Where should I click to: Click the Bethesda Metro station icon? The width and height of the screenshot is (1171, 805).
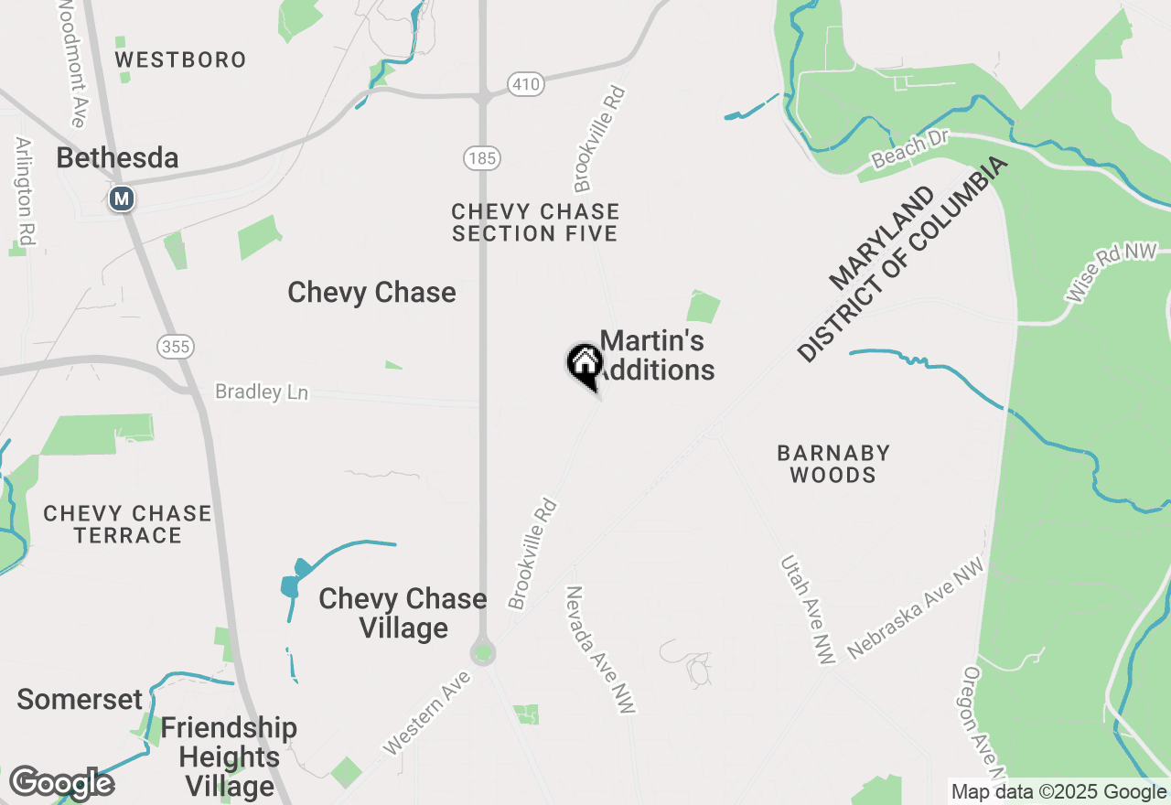click(x=121, y=199)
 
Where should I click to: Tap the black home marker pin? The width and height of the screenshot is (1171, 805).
click(x=585, y=364)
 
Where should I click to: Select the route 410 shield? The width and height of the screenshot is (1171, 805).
click(x=527, y=85)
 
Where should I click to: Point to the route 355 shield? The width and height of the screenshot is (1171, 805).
click(x=175, y=346)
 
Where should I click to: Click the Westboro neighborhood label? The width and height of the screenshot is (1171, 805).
click(x=180, y=60)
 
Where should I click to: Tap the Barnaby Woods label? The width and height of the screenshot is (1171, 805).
click(x=833, y=464)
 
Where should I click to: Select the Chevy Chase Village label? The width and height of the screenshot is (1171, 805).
click(x=403, y=613)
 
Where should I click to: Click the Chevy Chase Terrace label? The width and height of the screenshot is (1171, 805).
click(x=127, y=524)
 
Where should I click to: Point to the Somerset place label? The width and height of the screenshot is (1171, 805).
click(x=80, y=700)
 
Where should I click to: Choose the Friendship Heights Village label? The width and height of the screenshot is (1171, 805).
click(x=229, y=757)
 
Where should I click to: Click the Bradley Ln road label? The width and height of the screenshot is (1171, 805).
click(x=262, y=392)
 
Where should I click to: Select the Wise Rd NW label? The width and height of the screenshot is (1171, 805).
click(x=1112, y=273)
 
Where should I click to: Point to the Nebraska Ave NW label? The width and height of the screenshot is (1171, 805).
click(x=915, y=610)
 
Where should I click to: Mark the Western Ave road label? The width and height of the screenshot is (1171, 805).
click(x=427, y=714)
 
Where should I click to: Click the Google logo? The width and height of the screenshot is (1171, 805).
click(x=61, y=783)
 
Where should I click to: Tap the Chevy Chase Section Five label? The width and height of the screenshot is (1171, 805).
click(x=535, y=222)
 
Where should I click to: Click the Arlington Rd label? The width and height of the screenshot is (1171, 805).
click(x=25, y=191)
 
